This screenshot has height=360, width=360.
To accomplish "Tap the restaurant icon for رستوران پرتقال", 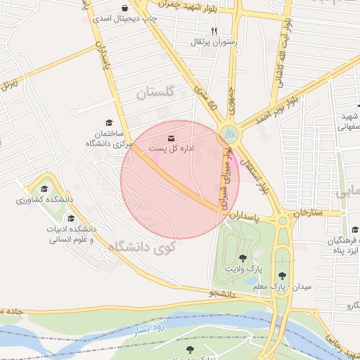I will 214,32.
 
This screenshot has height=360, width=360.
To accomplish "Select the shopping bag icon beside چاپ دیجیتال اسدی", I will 124,9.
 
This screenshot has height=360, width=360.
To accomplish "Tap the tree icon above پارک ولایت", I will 243,258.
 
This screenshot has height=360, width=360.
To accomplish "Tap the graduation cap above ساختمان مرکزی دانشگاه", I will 108,122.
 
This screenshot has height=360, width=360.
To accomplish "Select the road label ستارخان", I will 307,212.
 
